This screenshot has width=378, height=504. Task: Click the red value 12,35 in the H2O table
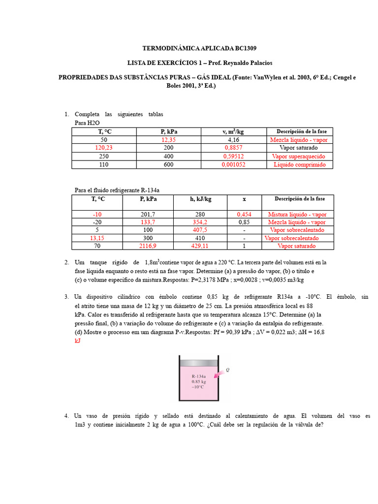click(169, 140)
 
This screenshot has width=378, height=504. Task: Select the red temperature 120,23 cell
click(103, 148)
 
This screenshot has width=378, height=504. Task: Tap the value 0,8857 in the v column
click(233, 148)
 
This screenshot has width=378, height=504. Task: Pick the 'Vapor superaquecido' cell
click(298, 157)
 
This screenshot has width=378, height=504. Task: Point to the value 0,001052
click(233, 164)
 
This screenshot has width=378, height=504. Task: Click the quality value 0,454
click(244, 215)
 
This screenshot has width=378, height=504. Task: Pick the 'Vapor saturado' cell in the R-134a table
click(297, 246)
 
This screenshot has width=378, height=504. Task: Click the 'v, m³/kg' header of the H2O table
click(233, 131)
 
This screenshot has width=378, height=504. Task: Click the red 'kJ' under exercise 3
click(78, 340)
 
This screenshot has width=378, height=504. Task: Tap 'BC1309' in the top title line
click(242, 48)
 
